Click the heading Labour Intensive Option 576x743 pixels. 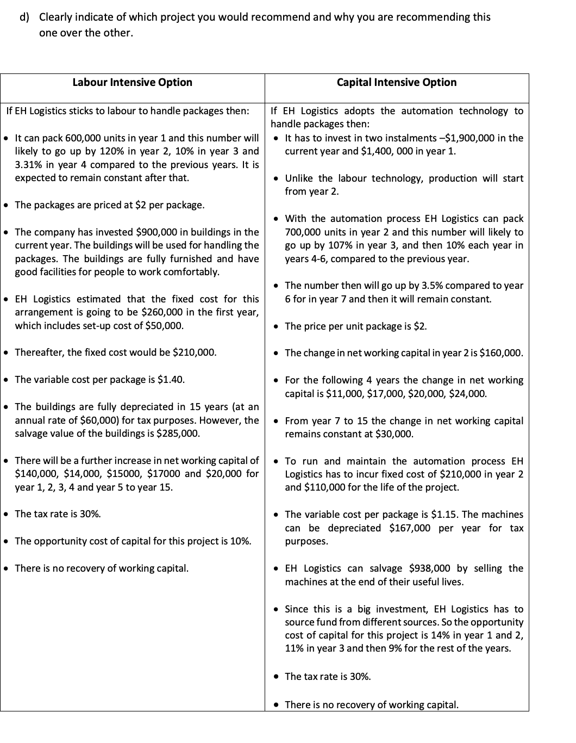[132, 82]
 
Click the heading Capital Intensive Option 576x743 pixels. [397, 82]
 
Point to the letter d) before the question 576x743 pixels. [24, 17]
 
